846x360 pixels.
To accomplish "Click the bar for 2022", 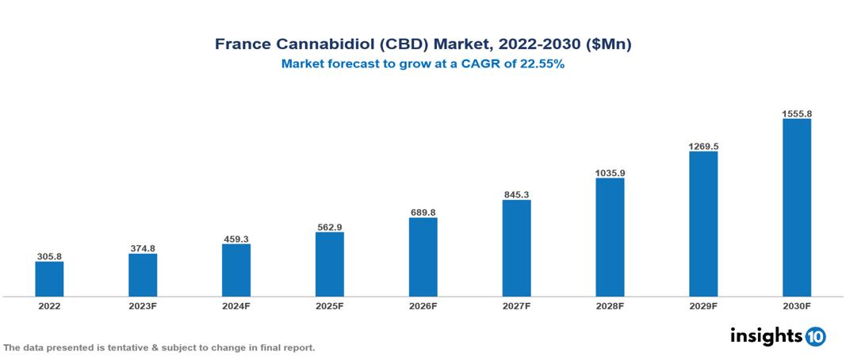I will (x=49, y=279).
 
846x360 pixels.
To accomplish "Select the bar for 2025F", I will (x=329, y=264).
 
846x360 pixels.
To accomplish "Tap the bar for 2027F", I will (x=516, y=248).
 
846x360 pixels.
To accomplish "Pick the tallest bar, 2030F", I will (x=797, y=208).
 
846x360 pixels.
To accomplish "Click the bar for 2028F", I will (x=610, y=237).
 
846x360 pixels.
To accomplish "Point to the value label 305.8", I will (x=49, y=256).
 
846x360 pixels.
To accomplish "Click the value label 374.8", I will (x=143, y=248).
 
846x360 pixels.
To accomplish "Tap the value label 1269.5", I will (x=703, y=146).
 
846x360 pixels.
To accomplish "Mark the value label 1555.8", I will (x=797, y=113).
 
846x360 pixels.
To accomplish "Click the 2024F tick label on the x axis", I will (x=236, y=305).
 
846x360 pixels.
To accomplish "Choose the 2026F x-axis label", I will (x=423, y=305).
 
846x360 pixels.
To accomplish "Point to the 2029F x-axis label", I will (x=703, y=305).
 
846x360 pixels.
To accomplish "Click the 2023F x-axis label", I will (x=143, y=305).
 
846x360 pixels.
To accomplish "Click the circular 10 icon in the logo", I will (x=815, y=336).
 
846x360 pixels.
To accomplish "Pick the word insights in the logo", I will (x=766, y=335).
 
